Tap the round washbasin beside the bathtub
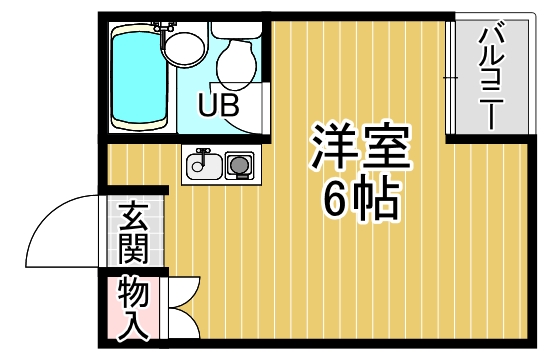tap(184, 46)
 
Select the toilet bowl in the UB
tap(238, 62)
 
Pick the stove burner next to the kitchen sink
tap(240, 164)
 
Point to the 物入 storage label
tap(133, 306)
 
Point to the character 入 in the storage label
tap(133, 322)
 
